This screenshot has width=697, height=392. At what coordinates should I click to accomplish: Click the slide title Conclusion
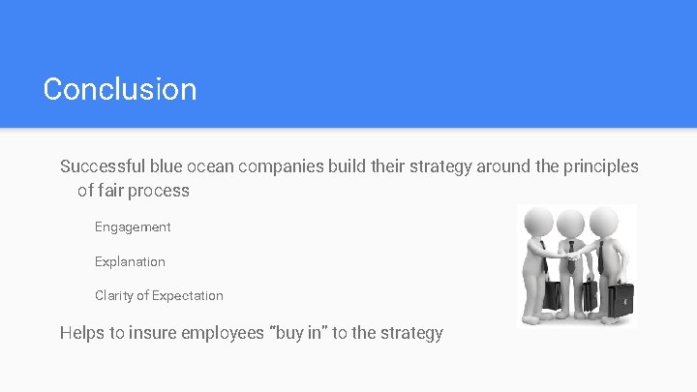tap(120, 89)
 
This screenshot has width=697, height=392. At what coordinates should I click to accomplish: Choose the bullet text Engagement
tap(133, 227)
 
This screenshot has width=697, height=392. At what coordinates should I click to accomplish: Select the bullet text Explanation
tap(130, 261)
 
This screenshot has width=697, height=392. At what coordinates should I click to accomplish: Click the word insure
tap(162, 333)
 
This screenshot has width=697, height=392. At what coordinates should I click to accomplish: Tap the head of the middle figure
tap(571, 225)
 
